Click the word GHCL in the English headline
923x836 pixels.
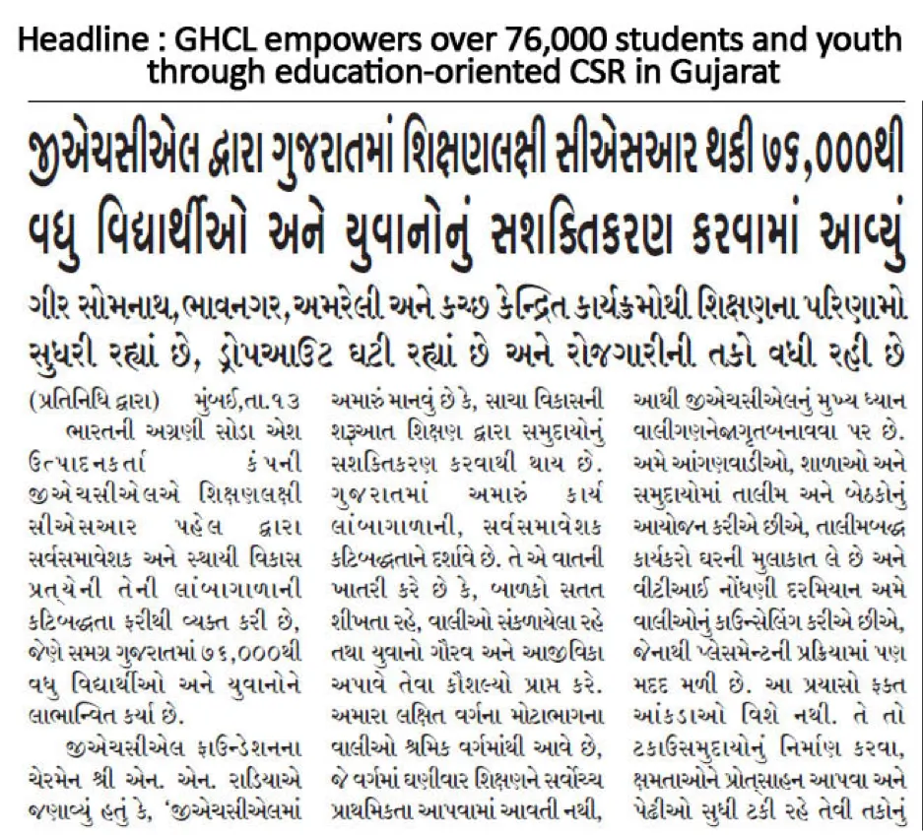coord(216,41)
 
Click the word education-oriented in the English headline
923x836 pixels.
coord(414,72)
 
